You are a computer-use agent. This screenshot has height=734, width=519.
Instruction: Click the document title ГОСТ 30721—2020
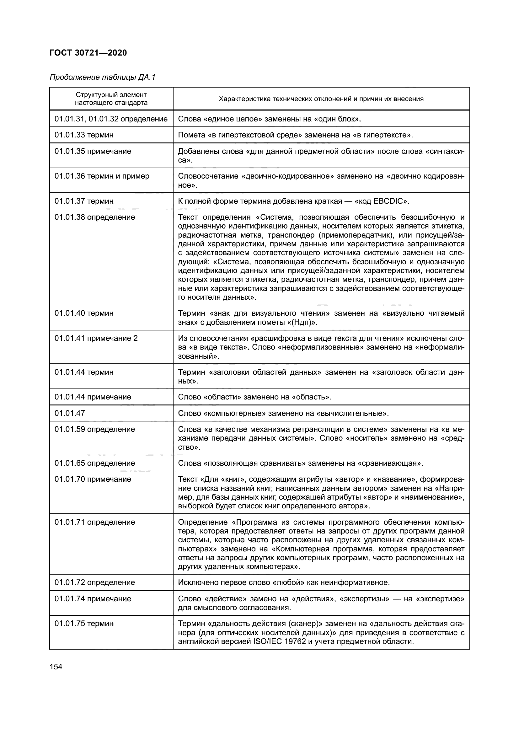(x=88, y=53)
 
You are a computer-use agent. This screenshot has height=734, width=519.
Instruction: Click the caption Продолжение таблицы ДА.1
(x=102, y=77)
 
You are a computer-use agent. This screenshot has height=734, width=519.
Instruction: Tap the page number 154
(x=56, y=667)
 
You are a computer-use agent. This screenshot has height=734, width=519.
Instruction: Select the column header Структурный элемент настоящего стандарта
(x=111, y=99)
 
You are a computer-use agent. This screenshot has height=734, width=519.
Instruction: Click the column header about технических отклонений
(x=321, y=99)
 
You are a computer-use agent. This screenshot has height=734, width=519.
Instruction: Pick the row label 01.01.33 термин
(x=84, y=135)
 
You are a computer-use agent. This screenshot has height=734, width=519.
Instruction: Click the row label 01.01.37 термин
(x=84, y=201)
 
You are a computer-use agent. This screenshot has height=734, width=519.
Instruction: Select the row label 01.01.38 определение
(x=94, y=217)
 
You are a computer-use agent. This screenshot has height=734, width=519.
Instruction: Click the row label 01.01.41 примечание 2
(x=96, y=338)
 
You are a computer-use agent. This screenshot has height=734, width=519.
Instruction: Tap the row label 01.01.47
(x=70, y=413)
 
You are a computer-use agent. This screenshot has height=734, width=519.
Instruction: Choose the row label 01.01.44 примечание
(x=93, y=397)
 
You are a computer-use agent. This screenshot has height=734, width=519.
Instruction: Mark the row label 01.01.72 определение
(x=94, y=582)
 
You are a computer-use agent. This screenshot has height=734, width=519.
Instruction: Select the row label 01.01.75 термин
(x=84, y=624)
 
